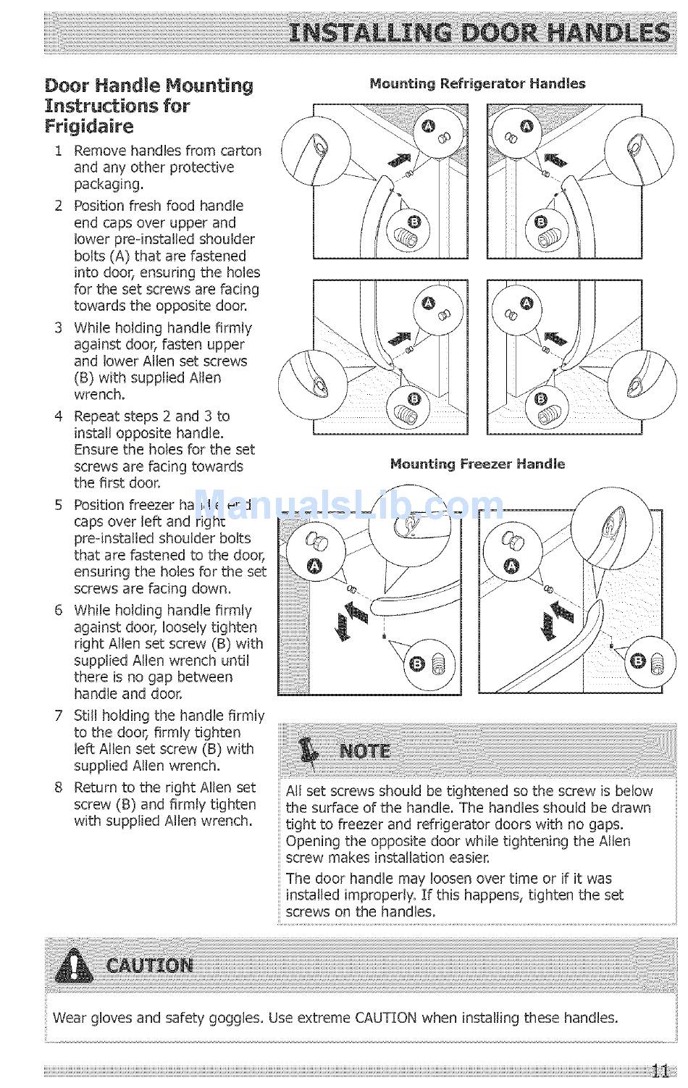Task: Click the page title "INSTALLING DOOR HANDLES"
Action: pyautogui.click(x=478, y=33)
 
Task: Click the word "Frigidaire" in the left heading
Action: pyautogui.click(x=89, y=127)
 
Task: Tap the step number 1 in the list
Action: pyautogui.click(x=58, y=151)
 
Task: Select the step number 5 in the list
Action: pyautogui.click(x=59, y=505)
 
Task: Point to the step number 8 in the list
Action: pyautogui.click(x=59, y=787)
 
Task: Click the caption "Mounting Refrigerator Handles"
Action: pyautogui.click(x=477, y=83)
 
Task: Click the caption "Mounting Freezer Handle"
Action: pyautogui.click(x=477, y=464)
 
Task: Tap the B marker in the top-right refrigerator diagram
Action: pyautogui.click(x=540, y=222)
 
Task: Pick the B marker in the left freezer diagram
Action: pyautogui.click(x=416, y=663)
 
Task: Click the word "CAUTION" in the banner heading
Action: pyautogui.click(x=150, y=966)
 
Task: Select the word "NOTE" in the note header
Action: pyautogui.click(x=365, y=750)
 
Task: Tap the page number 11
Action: pyautogui.click(x=660, y=1071)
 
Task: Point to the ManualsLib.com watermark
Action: pyautogui.click(x=348, y=505)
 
